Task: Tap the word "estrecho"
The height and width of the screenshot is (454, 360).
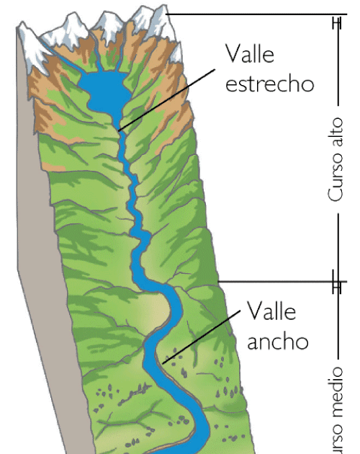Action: coord(270,83)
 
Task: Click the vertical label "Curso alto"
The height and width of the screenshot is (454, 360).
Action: coord(336,159)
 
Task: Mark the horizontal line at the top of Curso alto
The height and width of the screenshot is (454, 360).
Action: coord(252,14)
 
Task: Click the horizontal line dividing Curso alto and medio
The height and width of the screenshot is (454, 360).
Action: coord(281,282)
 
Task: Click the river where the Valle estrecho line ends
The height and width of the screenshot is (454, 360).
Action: coord(120,130)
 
